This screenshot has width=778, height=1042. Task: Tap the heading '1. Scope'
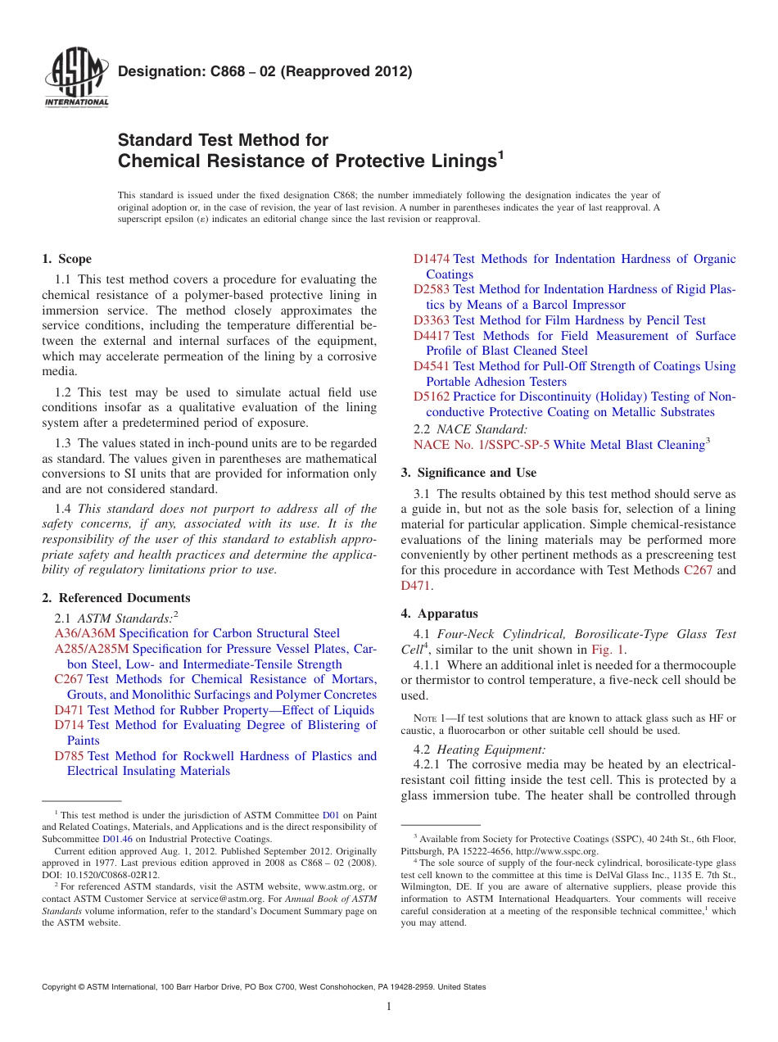click(66, 259)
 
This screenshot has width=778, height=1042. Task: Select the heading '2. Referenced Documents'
click(115, 598)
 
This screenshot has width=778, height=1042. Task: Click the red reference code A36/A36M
click(85, 633)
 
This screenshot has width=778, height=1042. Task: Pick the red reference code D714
click(69, 725)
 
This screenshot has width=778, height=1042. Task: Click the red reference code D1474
click(432, 259)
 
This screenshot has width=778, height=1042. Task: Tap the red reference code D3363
click(432, 320)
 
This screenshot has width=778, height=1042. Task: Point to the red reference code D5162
click(432, 396)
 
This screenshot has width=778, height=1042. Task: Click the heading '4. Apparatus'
click(439, 614)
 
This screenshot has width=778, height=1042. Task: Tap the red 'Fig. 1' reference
click(608, 650)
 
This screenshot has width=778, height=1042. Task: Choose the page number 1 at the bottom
click(389, 1008)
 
